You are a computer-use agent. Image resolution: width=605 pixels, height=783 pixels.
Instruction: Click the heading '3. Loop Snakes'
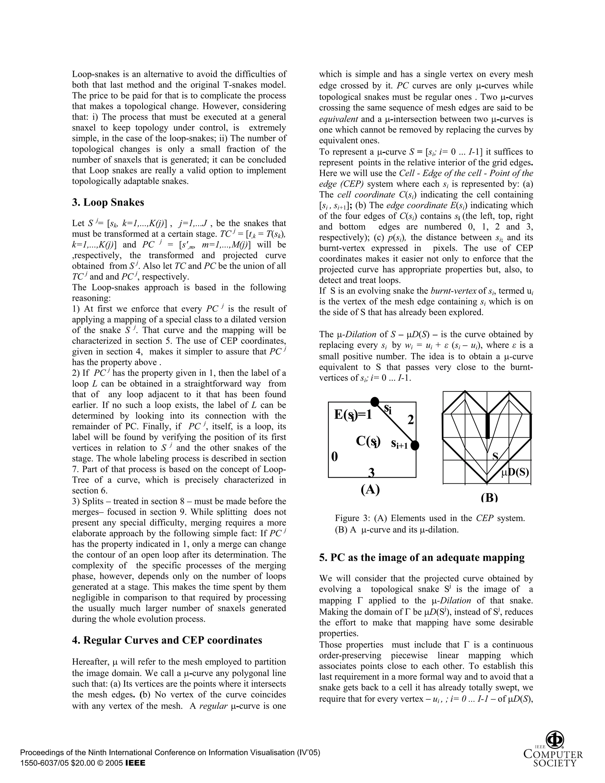click(108, 203)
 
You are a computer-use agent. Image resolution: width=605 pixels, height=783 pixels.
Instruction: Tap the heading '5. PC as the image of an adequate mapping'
click(422, 558)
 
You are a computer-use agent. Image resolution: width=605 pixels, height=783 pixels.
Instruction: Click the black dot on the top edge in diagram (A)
click(375, 402)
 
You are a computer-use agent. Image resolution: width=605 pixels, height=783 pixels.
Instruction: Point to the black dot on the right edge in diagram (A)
click(415, 445)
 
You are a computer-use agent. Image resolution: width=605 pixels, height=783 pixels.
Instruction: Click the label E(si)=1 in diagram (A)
click(353, 415)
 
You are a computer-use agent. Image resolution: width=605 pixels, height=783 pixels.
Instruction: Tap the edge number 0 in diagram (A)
click(334, 457)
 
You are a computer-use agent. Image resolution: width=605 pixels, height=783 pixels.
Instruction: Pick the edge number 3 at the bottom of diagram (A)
click(371, 473)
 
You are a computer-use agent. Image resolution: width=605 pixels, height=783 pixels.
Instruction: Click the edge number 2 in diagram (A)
click(411, 420)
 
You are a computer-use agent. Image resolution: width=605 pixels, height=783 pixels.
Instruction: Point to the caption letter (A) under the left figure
click(370, 489)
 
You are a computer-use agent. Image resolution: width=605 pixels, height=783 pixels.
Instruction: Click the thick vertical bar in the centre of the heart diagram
click(487, 426)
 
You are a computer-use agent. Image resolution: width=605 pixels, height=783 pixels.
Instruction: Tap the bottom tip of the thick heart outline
click(487, 482)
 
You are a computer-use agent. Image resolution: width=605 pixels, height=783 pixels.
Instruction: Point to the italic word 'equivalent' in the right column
click(338, 119)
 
